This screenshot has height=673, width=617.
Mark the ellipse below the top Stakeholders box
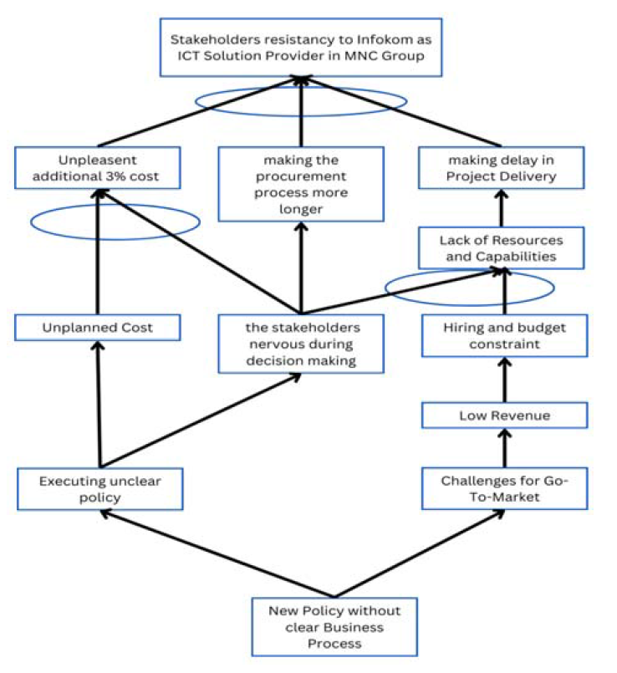click(x=196, y=102)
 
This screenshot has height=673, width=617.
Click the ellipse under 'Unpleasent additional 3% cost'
click(x=31, y=222)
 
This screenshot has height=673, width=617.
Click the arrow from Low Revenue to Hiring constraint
click(x=504, y=380)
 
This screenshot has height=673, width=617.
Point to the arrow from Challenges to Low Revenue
click(x=504, y=447)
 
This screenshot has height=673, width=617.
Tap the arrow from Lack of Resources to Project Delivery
click(x=501, y=207)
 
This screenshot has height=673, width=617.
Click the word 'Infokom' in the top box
click(x=380, y=39)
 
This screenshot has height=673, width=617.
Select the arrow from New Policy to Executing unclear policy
click(x=217, y=553)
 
